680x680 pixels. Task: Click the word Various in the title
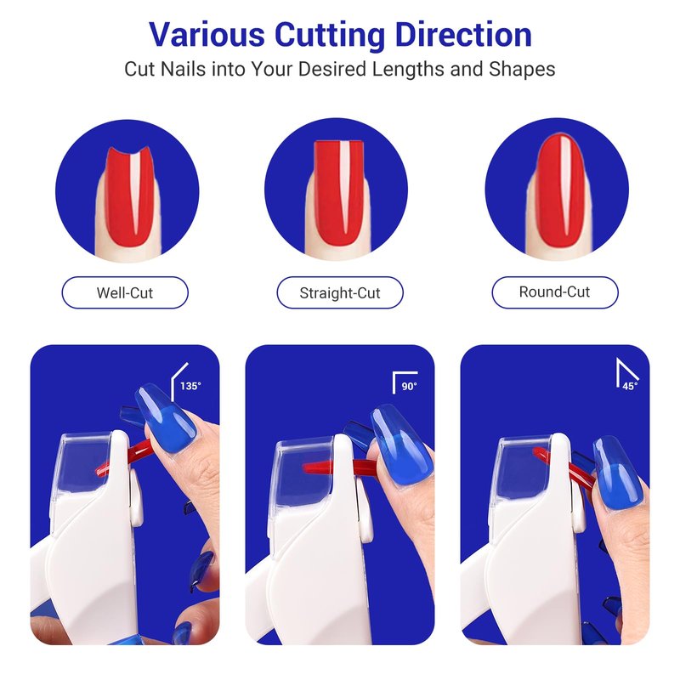[207, 34]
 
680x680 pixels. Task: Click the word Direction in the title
[463, 34]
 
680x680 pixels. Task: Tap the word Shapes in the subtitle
[522, 70]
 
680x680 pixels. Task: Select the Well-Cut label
[125, 292]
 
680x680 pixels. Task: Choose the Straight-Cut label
[340, 292]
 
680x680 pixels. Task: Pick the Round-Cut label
[555, 292]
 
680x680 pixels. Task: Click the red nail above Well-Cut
[130, 196]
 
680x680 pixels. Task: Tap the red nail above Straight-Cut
[338, 194]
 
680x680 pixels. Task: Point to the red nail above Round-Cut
[559, 190]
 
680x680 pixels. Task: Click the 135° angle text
[190, 386]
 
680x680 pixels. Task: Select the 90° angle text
[409, 387]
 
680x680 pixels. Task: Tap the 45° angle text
[630, 386]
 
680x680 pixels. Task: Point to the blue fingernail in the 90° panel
[402, 445]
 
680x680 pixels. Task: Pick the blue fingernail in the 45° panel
[618, 472]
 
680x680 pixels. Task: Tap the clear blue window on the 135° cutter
[84, 462]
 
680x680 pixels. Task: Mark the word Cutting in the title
[330, 36]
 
